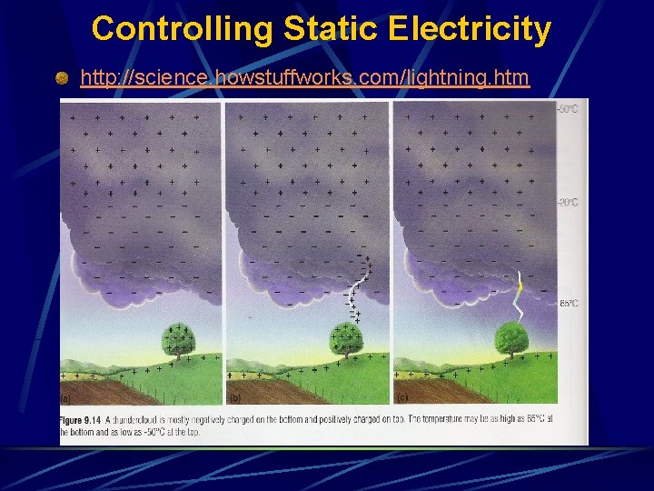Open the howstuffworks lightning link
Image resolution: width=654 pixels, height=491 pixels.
point(304,78)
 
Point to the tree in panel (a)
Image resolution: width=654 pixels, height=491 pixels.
point(178,341)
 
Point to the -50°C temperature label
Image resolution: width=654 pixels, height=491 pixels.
point(567,109)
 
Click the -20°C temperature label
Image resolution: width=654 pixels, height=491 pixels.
point(567,202)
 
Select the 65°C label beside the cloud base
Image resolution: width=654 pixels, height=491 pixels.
point(569,303)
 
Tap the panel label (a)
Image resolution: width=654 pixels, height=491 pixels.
point(65,399)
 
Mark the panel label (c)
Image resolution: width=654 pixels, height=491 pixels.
point(400,399)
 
